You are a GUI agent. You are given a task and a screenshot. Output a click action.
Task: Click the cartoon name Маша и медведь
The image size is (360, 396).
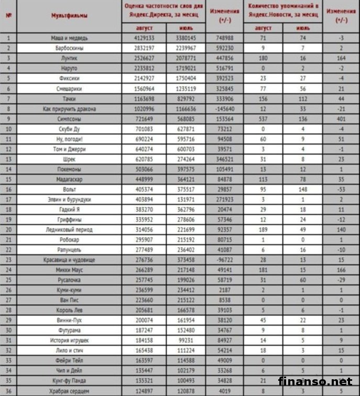coord(72,38)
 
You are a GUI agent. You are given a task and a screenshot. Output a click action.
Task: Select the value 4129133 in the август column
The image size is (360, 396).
coord(144,38)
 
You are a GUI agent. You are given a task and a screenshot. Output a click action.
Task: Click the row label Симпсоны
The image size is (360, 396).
coord(72,119)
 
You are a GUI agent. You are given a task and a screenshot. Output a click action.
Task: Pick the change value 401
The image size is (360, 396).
coord(341,119)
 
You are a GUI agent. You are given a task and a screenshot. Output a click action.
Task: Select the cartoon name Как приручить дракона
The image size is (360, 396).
coord(72,109)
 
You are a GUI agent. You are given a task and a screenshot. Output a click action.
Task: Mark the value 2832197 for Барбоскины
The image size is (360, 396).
coord(144,48)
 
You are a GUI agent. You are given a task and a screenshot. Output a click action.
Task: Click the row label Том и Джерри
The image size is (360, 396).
coord(72,149)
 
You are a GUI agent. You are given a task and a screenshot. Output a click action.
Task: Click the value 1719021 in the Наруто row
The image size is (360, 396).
coord(186,69)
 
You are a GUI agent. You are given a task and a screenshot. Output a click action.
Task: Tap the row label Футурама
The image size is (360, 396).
coord(72,331)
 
